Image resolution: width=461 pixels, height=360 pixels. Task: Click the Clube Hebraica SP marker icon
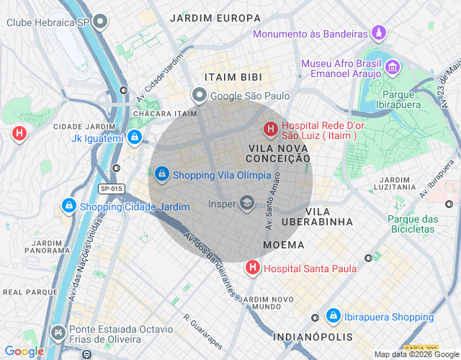[x=101, y=22]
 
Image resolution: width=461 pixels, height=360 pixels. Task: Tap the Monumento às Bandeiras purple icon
[x=378, y=33]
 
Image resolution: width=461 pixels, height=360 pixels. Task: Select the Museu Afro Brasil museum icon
[x=393, y=68]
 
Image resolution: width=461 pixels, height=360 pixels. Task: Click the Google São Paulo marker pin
[x=199, y=95]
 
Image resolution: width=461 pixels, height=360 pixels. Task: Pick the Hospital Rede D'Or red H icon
[x=270, y=130]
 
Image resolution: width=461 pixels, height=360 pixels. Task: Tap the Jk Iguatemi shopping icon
[x=134, y=137]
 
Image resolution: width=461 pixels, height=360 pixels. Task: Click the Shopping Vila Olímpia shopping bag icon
[x=162, y=174]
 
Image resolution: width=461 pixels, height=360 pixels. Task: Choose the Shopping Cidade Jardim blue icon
[x=68, y=206]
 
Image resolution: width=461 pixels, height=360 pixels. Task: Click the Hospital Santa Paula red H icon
[x=253, y=268]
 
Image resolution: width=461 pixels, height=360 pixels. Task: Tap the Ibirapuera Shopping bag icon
[x=333, y=316]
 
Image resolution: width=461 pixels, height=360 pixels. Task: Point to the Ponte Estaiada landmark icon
[x=58, y=333]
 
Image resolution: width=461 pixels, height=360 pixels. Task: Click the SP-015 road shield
[x=112, y=189]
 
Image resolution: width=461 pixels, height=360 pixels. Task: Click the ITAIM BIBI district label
[x=233, y=76]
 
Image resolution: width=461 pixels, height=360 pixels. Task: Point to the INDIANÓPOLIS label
[x=313, y=337]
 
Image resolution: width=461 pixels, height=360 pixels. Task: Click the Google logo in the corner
[x=24, y=351]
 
